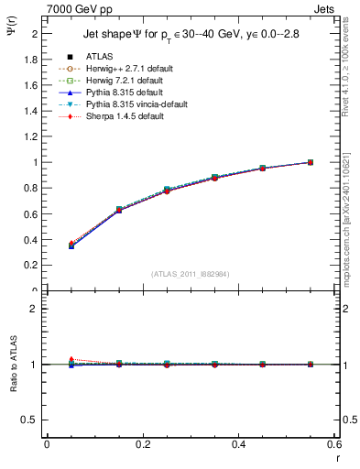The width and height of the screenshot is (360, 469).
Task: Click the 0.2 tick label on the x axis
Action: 143,445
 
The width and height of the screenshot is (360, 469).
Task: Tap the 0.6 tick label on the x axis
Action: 335,445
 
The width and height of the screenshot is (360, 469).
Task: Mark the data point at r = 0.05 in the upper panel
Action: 71,246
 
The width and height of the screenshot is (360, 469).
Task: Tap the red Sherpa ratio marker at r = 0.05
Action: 71,359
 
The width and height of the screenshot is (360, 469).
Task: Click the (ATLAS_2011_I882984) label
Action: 191,274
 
